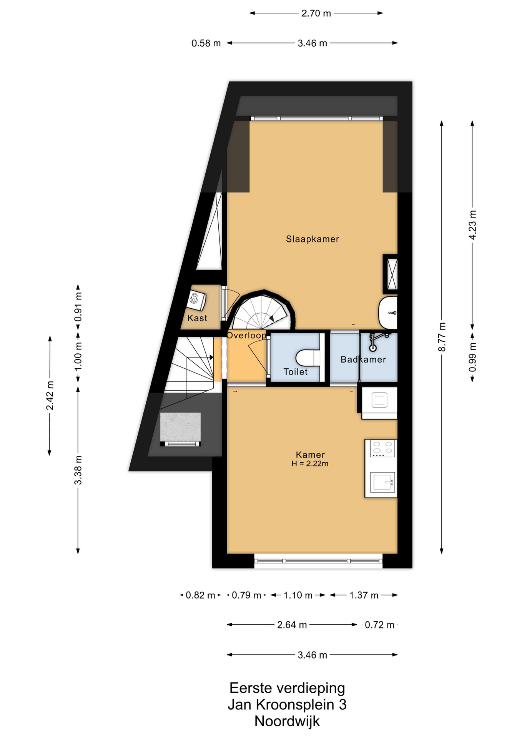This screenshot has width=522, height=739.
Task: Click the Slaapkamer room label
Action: (312, 239)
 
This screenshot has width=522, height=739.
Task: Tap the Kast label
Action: (197, 318)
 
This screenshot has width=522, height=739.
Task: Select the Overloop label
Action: (246, 335)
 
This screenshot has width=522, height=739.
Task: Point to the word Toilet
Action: (295, 372)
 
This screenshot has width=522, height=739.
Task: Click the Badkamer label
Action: (363, 359)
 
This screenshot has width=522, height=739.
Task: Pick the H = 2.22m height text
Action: (310, 464)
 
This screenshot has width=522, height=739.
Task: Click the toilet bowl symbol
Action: (308, 358)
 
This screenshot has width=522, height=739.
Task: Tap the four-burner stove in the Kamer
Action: (383, 448)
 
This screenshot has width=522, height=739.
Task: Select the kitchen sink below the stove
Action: (383, 482)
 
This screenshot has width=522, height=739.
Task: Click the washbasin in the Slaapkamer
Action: (387, 313)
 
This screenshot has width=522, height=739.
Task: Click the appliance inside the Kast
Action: (196, 301)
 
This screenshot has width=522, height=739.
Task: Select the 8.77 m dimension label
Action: (442, 337)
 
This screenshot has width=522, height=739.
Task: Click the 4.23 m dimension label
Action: (472, 225)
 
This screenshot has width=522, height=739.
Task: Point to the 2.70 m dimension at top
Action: (316, 13)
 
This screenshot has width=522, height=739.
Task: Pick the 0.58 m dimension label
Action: (206, 43)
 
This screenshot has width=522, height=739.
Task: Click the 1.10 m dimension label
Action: (298, 595)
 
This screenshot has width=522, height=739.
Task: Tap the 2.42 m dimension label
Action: (50, 395)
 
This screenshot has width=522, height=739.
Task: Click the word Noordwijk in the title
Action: (287, 721)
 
